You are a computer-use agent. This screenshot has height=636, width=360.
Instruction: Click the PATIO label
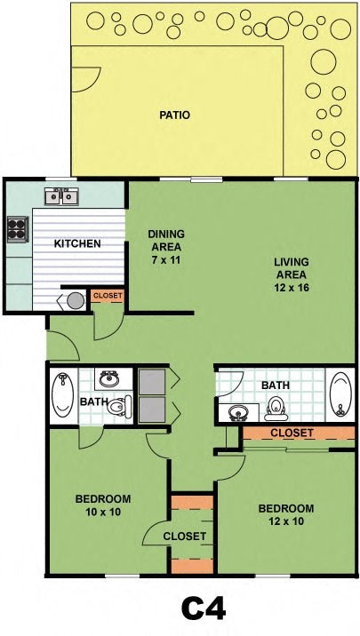pos(175,115)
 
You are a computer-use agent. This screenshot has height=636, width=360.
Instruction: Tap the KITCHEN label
pos(77,243)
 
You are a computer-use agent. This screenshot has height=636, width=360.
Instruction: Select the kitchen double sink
pos(62,195)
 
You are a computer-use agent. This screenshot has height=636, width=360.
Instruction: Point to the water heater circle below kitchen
pos(76,300)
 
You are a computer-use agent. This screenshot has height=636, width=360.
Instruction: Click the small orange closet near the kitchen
pos(108,296)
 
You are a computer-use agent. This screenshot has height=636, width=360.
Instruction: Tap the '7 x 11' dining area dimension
pos(165,248)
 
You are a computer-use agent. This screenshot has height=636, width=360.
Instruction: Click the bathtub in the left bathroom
pos(63,396)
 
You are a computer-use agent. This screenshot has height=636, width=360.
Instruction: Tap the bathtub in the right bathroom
pos(340,394)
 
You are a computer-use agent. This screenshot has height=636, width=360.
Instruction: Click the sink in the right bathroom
pos(238,412)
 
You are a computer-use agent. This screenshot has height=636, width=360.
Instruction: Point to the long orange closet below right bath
pos(292,433)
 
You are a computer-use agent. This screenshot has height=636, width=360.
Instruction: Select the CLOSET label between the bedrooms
pos(185,537)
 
